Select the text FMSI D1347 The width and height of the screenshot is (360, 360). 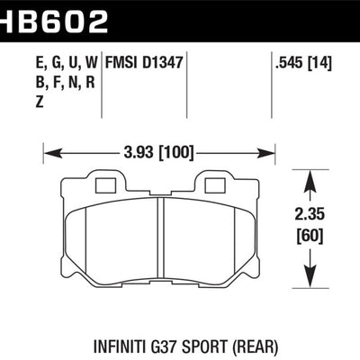(146, 65)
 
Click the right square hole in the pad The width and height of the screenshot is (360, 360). (214, 187)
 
